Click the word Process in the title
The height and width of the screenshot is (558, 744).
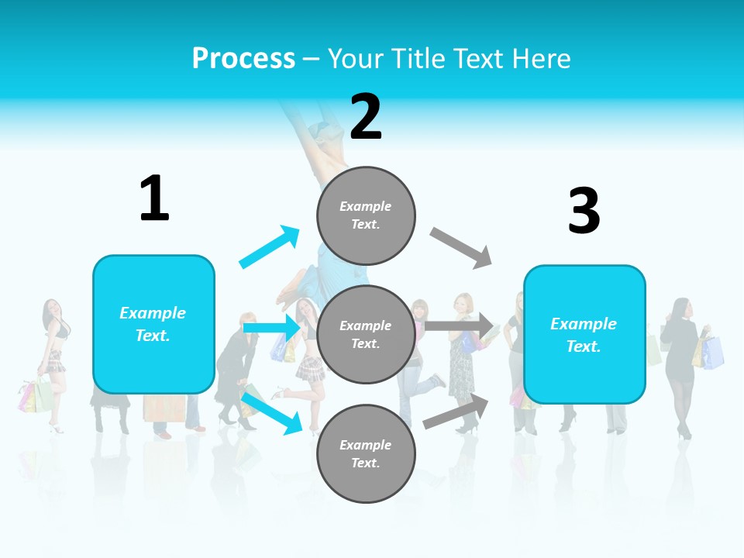243,58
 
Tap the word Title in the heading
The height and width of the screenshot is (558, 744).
416,58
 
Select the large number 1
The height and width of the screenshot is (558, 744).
154,198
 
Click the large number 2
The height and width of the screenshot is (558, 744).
366,116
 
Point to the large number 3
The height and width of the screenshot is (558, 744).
584,211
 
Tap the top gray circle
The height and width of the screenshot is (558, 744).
366,215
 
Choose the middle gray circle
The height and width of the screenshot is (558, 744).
366,334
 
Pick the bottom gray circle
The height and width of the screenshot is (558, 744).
366,453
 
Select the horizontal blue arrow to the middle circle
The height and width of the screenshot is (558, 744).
271,328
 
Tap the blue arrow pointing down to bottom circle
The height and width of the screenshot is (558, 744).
271,412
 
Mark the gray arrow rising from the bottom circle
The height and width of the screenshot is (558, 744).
456,412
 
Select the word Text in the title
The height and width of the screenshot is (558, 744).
480,58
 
